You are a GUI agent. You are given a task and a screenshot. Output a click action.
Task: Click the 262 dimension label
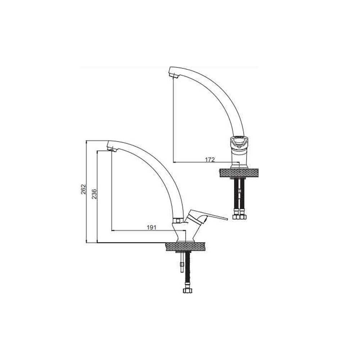pos(84,189)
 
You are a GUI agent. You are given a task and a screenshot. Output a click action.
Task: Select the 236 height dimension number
pos(94,194)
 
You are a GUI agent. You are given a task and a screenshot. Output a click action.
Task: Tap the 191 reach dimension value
pos(152,227)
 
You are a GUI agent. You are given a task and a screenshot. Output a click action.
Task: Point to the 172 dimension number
pos(210,159)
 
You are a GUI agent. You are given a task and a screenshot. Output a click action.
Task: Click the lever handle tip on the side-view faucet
pos(227,219)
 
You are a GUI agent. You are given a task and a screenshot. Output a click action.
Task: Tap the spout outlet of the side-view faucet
pos(112,150)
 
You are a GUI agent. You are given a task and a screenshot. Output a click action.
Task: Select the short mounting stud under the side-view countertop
pos(182,262)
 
